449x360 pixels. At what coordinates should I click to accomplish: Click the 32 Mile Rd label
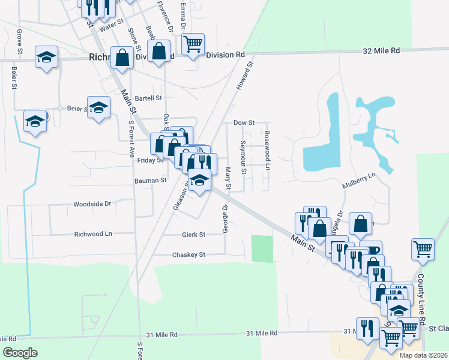tap(381, 52)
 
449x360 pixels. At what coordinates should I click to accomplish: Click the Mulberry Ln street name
tap(358, 180)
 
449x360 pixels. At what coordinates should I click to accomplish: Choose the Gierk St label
tap(193, 234)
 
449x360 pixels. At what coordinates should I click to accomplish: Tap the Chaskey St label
tap(188, 254)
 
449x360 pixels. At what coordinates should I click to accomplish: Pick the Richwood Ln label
tap(92, 234)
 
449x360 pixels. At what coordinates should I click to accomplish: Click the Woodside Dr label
tap(92, 204)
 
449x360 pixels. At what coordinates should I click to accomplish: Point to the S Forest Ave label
tap(132, 139)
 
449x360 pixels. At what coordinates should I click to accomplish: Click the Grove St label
tap(20, 41)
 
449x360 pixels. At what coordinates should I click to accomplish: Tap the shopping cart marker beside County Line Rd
tap(423, 248)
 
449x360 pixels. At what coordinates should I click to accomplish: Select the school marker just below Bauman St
tap(199, 179)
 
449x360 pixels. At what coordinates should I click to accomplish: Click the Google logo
tap(20, 353)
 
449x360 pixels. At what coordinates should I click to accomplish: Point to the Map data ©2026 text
tap(424, 355)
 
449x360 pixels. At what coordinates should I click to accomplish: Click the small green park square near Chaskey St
tap(261, 249)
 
